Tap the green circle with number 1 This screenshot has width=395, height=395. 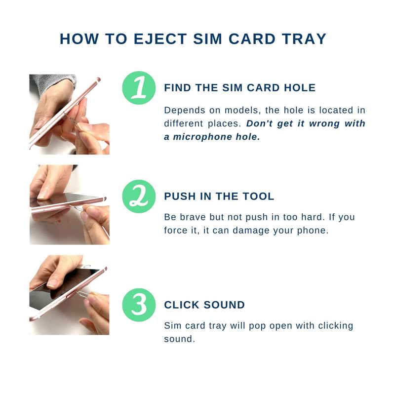(139, 88)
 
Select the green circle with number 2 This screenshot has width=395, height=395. (139, 196)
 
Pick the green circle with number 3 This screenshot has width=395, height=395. (139, 305)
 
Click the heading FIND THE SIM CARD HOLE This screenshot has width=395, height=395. (239, 88)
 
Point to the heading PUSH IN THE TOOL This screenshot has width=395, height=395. (219, 197)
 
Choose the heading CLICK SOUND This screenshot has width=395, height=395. (204, 305)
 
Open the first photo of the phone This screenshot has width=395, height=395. (69, 115)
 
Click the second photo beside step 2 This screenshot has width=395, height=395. (69, 205)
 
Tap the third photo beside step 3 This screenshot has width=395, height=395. (69, 295)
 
